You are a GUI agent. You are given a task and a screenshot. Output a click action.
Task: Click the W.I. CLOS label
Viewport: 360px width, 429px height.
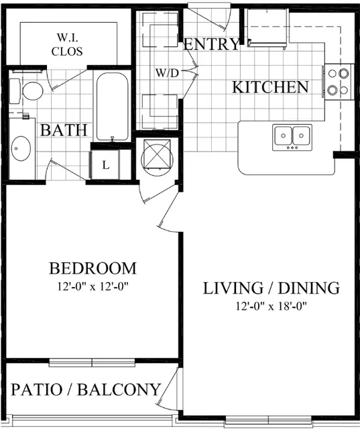(67, 44)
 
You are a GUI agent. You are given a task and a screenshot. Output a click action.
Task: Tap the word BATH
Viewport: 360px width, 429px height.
(64, 130)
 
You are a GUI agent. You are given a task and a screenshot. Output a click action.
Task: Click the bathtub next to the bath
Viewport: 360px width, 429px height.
(112, 107)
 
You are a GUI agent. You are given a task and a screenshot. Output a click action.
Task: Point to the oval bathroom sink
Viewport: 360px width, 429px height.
(21, 148)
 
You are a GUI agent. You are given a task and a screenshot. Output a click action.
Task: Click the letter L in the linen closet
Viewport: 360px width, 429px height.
(106, 165)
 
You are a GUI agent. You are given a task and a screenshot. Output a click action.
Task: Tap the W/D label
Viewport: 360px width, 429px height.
(167, 73)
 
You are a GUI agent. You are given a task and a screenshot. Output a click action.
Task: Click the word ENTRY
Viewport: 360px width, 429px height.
(211, 44)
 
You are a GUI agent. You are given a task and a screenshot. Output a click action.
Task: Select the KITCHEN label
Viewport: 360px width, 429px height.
(270, 87)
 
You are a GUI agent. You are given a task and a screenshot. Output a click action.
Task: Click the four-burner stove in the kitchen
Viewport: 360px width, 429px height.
(339, 82)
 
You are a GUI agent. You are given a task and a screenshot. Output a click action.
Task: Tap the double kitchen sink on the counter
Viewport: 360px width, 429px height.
(292, 137)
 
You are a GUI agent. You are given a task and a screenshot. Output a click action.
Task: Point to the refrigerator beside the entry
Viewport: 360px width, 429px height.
(267, 27)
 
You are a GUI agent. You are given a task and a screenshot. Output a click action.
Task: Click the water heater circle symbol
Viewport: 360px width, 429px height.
(157, 158)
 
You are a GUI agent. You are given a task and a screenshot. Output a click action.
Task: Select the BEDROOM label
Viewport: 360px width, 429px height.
(93, 268)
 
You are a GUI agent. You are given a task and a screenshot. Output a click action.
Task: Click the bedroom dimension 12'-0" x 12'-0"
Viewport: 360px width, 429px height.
(93, 287)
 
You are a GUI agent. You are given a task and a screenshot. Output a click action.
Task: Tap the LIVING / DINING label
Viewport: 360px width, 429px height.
(272, 288)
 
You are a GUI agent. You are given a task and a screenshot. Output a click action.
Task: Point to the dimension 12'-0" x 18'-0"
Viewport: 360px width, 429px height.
(272, 306)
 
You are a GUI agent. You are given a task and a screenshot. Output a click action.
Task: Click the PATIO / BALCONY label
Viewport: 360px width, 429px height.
(86, 389)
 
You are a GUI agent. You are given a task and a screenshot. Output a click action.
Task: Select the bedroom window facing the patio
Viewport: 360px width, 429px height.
(92, 363)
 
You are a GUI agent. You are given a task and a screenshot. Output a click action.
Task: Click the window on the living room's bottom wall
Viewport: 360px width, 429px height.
(268, 420)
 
